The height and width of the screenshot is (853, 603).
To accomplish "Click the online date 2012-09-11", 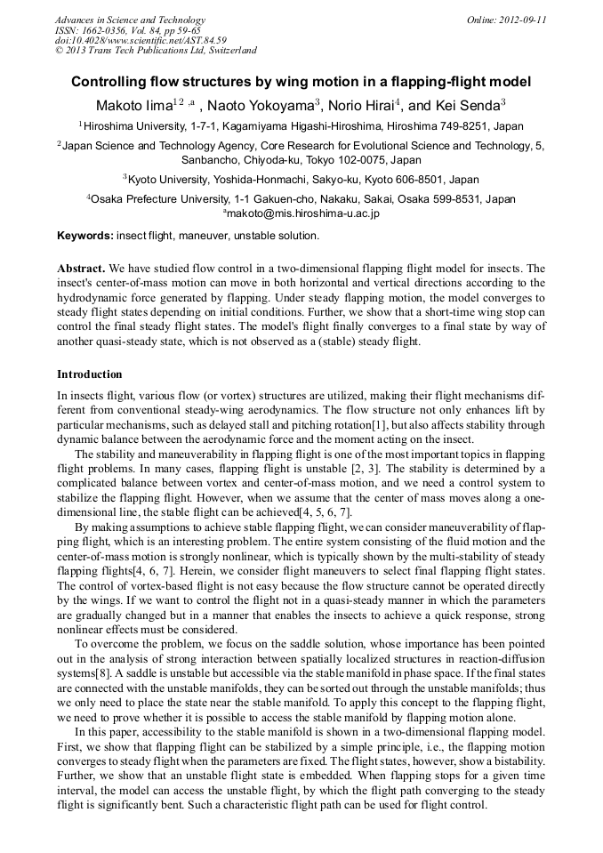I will click(522, 20).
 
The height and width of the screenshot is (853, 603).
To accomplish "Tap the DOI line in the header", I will click(141, 40).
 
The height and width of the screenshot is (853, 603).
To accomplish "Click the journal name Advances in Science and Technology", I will click(130, 20).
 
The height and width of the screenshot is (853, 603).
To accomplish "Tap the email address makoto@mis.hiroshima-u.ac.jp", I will click(303, 213).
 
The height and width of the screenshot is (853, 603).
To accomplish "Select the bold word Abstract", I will click(82, 268).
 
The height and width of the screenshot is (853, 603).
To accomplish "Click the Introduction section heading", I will click(90, 374).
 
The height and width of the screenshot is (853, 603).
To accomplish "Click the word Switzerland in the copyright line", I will click(233, 51).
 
